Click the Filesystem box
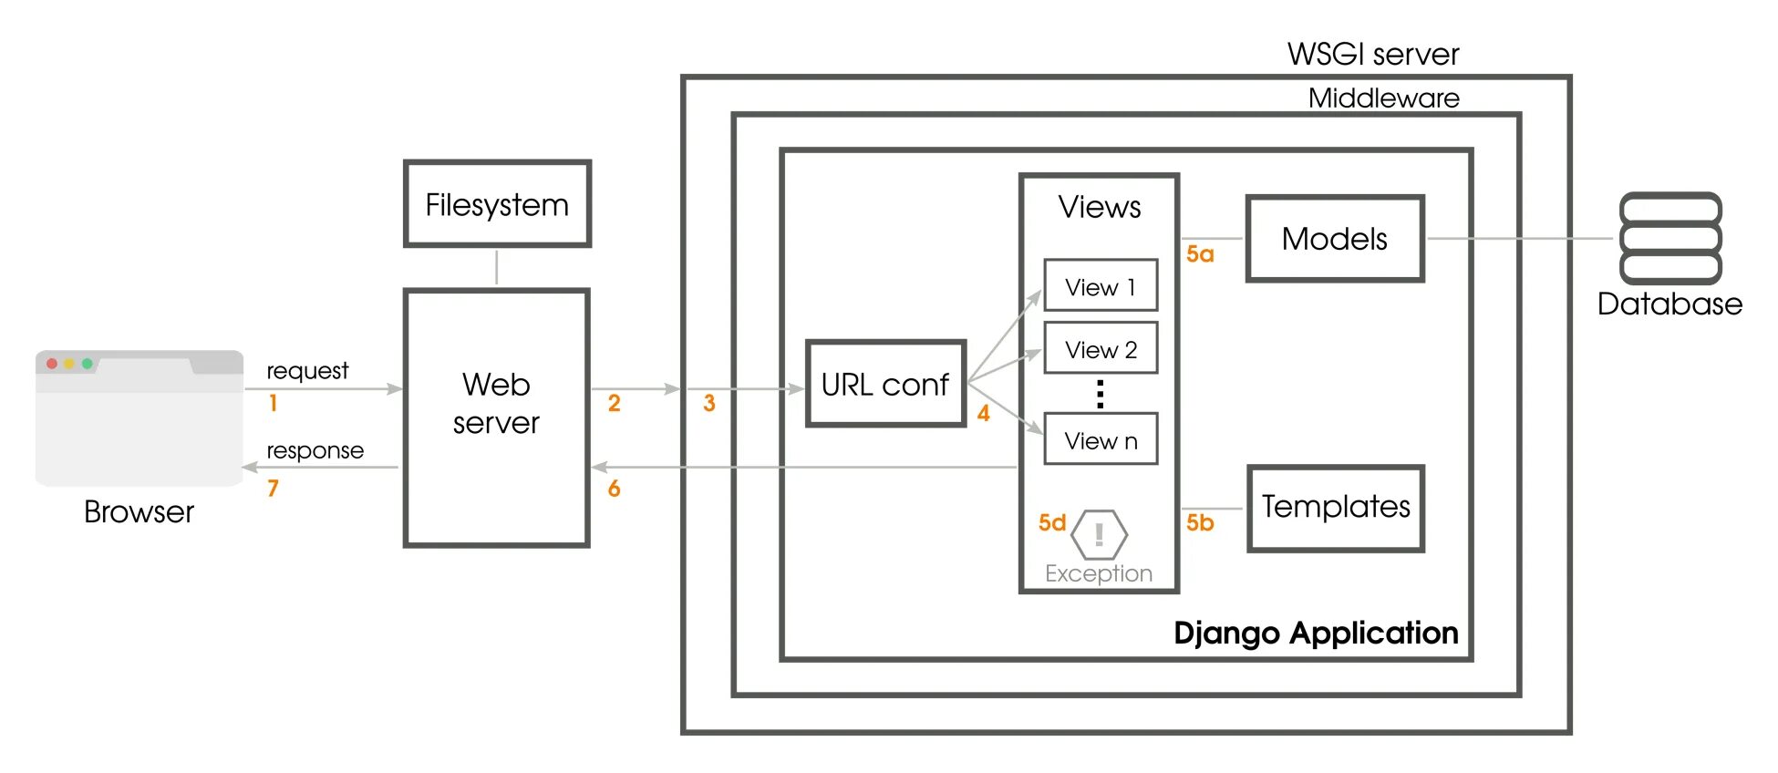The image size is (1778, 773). pyautogui.click(x=497, y=204)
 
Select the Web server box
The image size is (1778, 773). pyautogui.click(x=497, y=417)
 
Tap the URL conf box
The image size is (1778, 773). pyautogui.click(x=885, y=384)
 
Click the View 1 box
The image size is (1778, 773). pyautogui.click(x=1101, y=286)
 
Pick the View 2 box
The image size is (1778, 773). pyautogui.click(x=1101, y=348)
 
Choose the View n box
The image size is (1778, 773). pyautogui.click(x=1101, y=439)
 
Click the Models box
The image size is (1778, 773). pyautogui.click(x=1335, y=239)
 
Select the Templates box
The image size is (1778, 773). pyautogui.click(x=1335, y=508)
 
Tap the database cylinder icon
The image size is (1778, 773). pyautogui.click(x=1670, y=238)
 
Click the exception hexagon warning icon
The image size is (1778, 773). pyautogui.click(x=1099, y=534)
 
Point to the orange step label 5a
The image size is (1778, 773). pyautogui.click(x=1200, y=254)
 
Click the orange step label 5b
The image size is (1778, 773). pyautogui.click(x=1200, y=522)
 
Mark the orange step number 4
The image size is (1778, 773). pyautogui.click(x=983, y=414)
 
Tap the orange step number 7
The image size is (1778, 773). pyautogui.click(x=273, y=489)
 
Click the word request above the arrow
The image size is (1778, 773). pyautogui.click(x=307, y=371)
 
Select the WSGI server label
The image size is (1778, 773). pyautogui.click(x=1372, y=55)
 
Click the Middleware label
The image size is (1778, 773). pyautogui.click(x=1383, y=98)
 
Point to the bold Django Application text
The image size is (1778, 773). pyautogui.click(x=1315, y=633)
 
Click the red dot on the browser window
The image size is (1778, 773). pyautogui.click(x=52, y=364)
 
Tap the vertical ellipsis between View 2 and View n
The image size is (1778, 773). pyautogui.click(x=1101, y=394)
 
